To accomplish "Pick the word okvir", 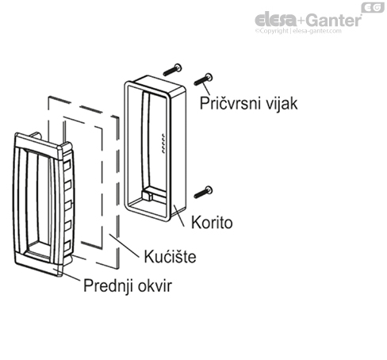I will click(155, 286).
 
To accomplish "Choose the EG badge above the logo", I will click(370, 7).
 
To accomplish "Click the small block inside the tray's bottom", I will click(152, 193).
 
